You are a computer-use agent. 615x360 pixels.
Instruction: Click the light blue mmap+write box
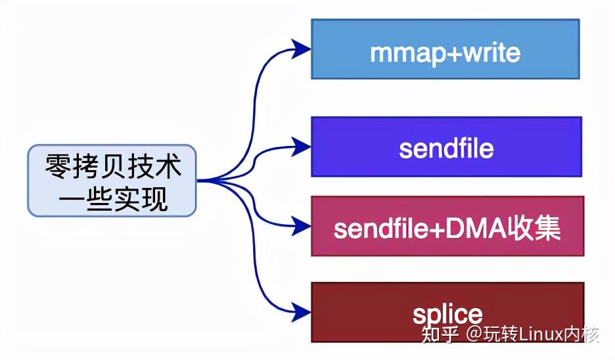click(445, 49)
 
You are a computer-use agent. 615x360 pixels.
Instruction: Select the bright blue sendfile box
click(446, 146)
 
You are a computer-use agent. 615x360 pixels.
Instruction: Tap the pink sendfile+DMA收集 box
click(447, 227)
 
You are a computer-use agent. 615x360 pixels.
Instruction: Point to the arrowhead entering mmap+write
click(302, 47)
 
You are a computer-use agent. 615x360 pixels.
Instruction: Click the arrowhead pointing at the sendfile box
click(302, 146)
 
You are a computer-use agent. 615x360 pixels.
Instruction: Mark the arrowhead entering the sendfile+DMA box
click(302, 227)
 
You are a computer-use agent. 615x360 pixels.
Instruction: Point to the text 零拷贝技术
click(112, 167)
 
